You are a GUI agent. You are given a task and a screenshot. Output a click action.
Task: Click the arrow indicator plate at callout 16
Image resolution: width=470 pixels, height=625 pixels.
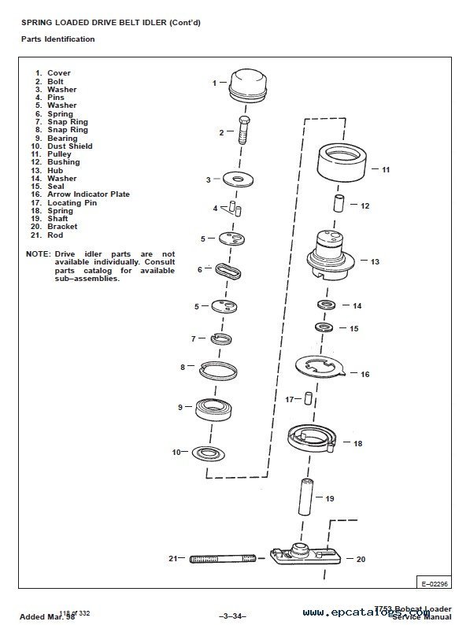tap(323, 369)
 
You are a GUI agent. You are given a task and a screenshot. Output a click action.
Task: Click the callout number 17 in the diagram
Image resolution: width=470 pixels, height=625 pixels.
tap(289, 399)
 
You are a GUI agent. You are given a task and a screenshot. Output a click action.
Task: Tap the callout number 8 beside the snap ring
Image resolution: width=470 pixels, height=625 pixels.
tap(183, 367)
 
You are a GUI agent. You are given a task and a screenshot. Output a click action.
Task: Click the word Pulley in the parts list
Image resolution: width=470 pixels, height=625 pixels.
tap(59, 154)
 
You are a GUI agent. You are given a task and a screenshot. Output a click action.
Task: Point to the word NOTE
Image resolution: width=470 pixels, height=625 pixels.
tap(36, 254)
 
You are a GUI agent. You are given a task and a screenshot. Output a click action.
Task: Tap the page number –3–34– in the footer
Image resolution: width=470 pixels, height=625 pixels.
tap(234, 614)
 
